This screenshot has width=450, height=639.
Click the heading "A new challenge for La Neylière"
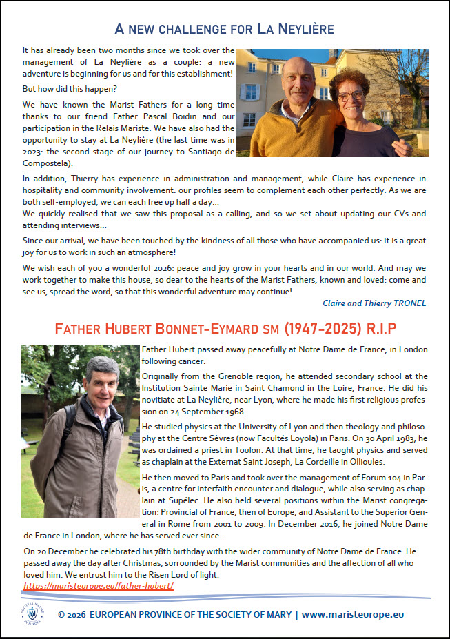coord(225,29)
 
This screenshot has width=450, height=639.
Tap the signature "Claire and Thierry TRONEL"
coord(375,303)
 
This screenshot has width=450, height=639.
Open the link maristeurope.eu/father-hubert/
coord(98,585)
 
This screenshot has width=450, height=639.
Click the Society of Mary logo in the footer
coord(32,613)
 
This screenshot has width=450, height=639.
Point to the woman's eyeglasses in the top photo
coord(350,96)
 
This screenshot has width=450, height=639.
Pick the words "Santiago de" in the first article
coord(207,152)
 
